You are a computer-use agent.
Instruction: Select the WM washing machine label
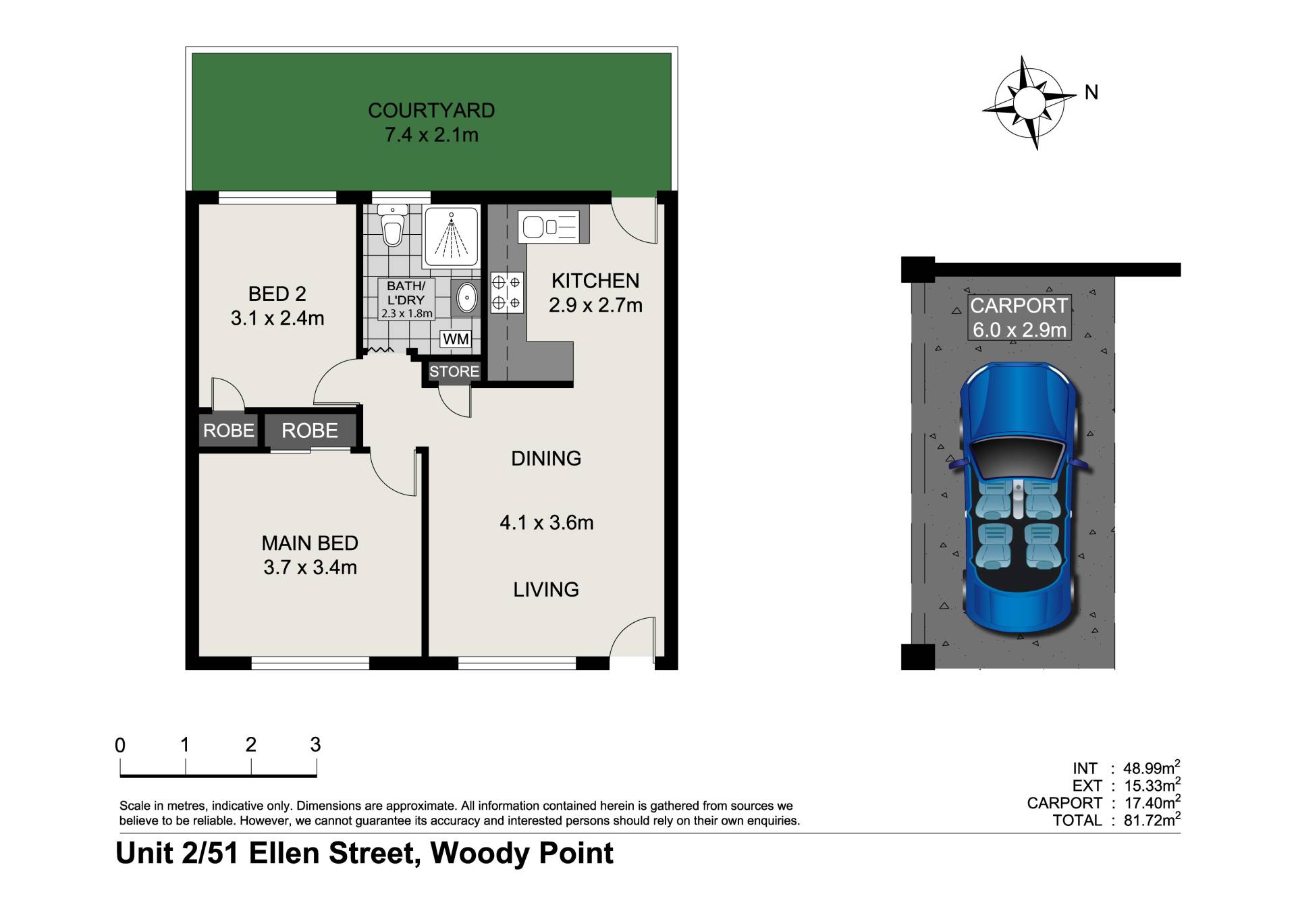[456, 339]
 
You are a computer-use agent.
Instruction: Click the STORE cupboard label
[454, 371]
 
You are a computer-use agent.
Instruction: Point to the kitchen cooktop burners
[506, 292]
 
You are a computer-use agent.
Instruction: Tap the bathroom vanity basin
[466, 297]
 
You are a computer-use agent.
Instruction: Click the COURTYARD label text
[431, 111]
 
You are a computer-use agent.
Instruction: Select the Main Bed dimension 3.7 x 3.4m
[310, 567]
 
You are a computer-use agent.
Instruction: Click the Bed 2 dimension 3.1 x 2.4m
[277, 318]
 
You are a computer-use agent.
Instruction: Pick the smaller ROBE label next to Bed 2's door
[229, 431]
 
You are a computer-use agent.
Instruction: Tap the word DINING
[546, 459]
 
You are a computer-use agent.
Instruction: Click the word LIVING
[546, 590]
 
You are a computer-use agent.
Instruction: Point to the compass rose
[1029, 103]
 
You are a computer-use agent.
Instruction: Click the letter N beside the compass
[1091, 92]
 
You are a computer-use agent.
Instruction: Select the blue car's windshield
[1019, 457]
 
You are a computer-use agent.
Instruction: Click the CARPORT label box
[1019, 317]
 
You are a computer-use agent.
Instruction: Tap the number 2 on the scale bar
[251, 745]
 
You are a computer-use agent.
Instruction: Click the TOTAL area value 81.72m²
[1152, 820]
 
